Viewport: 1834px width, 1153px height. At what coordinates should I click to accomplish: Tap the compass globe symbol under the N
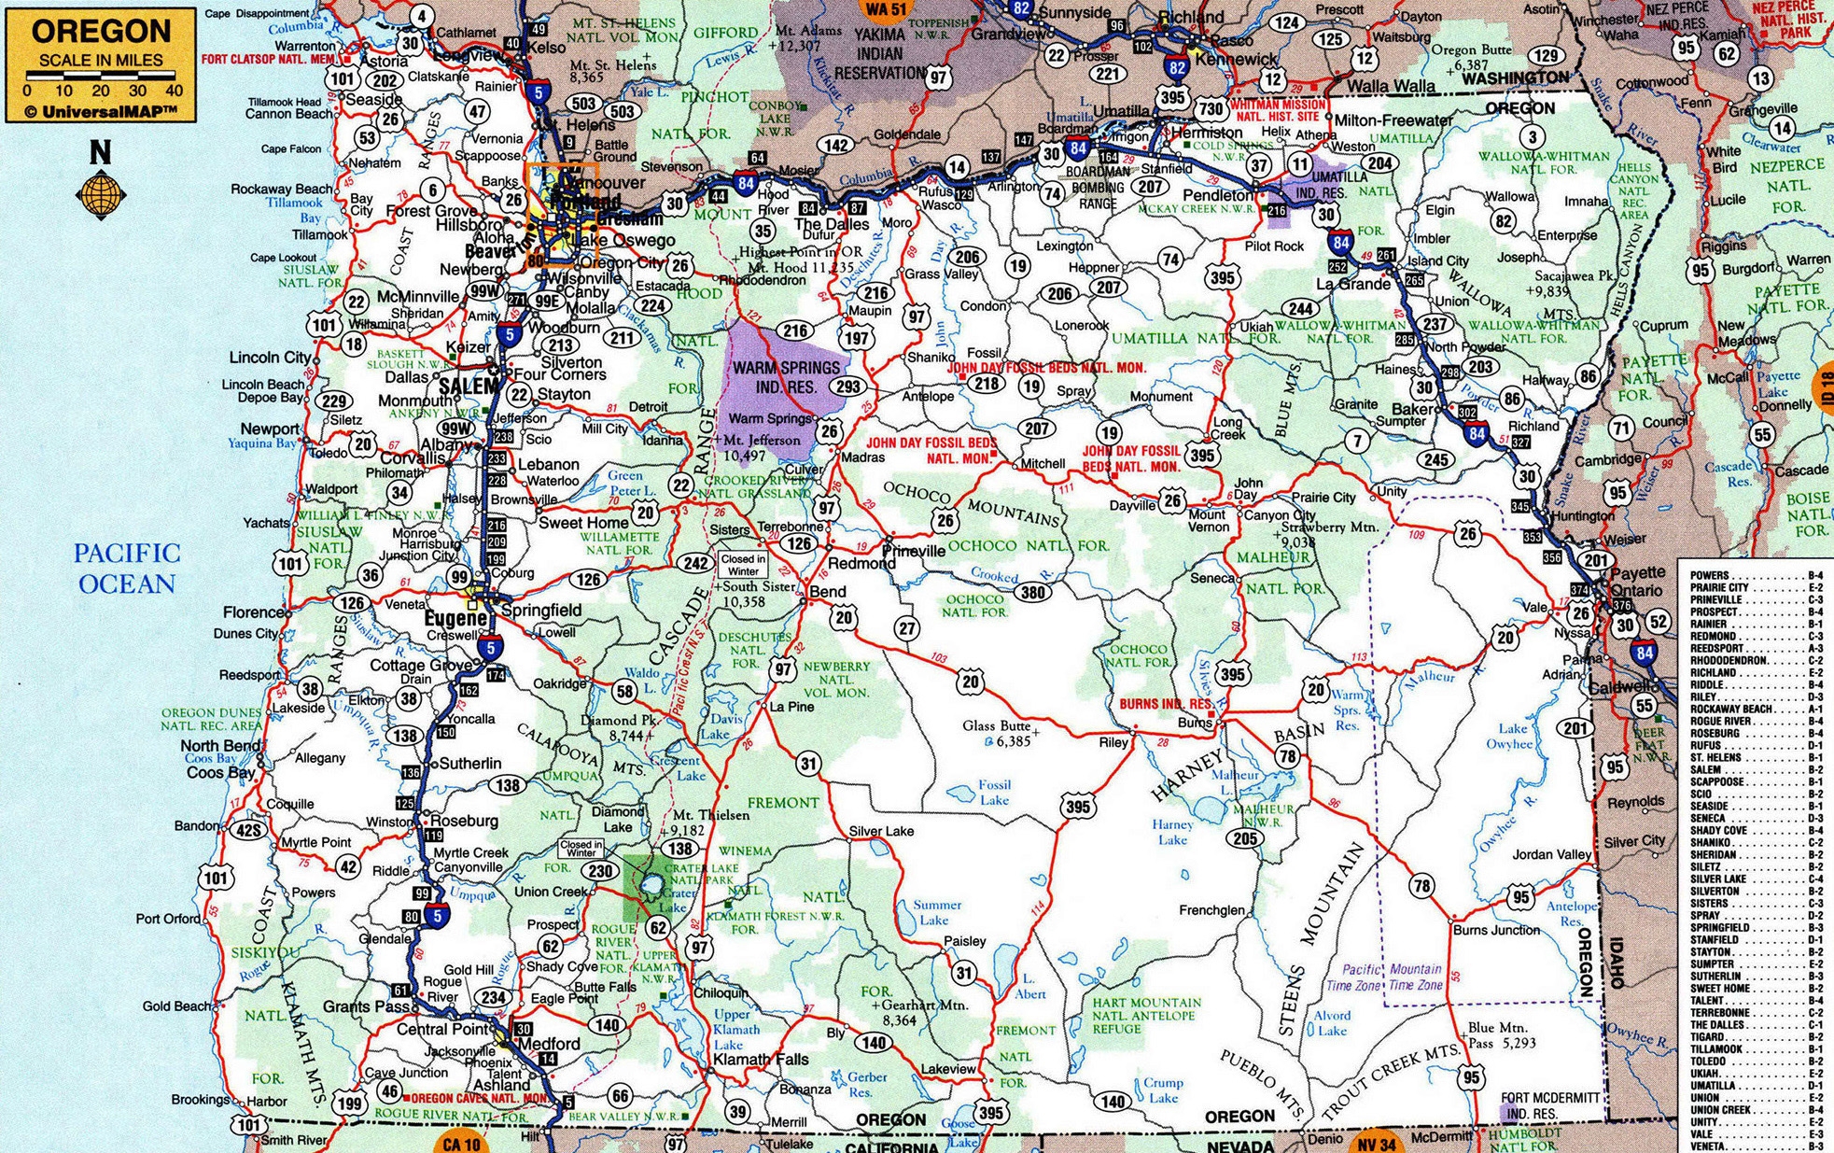click(x=100, y=194)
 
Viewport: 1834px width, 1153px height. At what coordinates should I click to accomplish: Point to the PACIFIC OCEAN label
click(x=127, y=569)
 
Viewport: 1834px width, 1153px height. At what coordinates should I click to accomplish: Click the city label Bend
click(x=828, y=592)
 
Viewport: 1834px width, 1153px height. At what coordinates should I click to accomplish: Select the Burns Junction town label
click(x=1496, y=930)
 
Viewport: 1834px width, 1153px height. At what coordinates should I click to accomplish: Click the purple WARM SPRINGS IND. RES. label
click(x=786, y=377)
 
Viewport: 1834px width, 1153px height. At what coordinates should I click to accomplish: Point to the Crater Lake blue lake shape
click(x=651, y=882)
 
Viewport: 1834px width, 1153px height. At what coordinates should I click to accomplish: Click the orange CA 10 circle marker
click(x=460, y=1144)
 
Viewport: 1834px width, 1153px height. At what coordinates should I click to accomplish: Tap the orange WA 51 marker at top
click(x=886, y=9)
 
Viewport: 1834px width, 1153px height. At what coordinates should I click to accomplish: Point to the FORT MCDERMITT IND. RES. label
click(x=1550, y=1105)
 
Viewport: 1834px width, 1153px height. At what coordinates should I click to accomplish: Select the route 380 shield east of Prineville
click(x=1032, y=592)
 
